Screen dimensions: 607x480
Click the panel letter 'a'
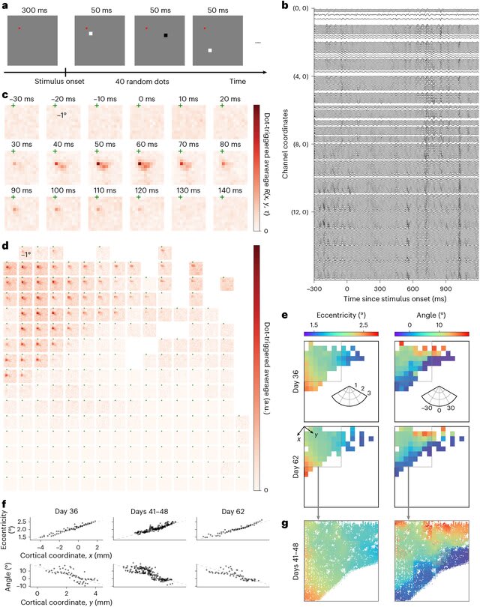tap(5, 7)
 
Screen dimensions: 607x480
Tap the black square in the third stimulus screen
tap(166, 35)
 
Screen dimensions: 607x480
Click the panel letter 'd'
tap(5, 244)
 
